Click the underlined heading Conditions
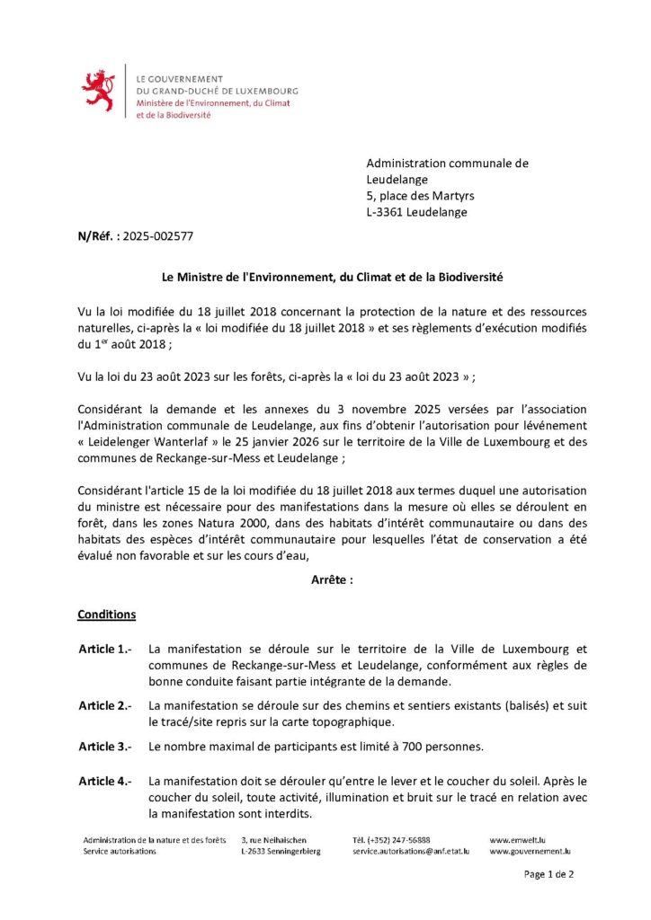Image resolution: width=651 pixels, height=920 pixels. click(107, 615)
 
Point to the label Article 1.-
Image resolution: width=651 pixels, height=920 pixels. click(105, 649)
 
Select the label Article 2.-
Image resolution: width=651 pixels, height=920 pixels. click(105, 706)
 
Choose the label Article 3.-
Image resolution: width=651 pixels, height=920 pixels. click(105, 747)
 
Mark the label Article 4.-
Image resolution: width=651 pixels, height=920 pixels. click(105, 782)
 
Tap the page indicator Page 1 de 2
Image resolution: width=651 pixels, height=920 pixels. click(548, 873)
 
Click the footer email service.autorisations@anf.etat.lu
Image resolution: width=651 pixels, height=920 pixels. click(411, 851)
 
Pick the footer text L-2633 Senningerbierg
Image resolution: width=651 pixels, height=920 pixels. click(280, 851)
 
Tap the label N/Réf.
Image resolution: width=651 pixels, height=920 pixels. click(95, 237)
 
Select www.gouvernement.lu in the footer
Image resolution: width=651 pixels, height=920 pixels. click(530, 851)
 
